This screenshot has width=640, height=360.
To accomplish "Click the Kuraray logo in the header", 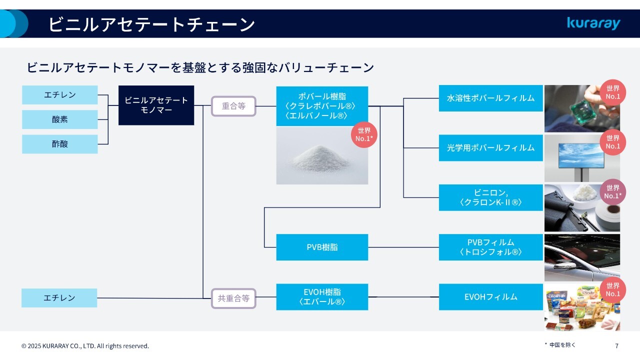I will point(593,23).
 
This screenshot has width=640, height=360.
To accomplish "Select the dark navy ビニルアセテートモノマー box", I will point(156,105).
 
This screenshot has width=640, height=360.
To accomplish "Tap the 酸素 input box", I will point(59,119).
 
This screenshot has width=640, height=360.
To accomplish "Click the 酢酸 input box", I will point(59,144).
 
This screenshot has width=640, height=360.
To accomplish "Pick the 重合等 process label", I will point(233,106).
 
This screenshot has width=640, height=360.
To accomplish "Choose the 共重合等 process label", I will point(233,298).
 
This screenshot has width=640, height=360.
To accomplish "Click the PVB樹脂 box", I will point(322,247).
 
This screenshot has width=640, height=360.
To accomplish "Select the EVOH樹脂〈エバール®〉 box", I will point(322,297).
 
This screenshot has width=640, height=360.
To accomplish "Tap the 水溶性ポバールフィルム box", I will point(490,98).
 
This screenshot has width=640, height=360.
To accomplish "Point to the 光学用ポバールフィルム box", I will point(490,147).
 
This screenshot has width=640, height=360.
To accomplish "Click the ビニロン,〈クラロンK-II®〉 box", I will point(490,197).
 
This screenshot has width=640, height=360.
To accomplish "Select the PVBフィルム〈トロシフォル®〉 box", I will point(490,247).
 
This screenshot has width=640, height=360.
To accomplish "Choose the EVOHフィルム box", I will point(490,297).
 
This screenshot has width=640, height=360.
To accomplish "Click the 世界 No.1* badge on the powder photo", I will point(363,134).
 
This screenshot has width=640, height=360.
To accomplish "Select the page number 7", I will point(616,345).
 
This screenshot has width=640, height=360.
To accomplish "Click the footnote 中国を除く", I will point(562,345).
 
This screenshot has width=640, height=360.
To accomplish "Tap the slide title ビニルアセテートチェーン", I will point(151,24).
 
